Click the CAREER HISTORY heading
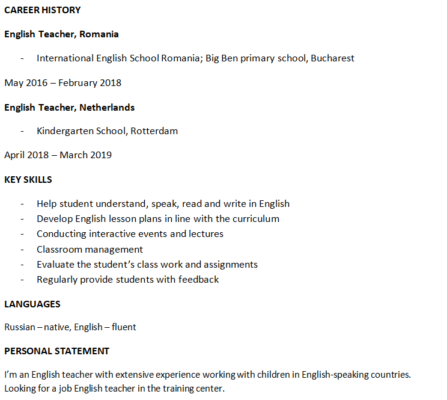[x=42, y=10]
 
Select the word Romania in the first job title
[x=99, y=34]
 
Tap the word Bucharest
[x=332, y=58]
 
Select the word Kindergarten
[x=65, y=131]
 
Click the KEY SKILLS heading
[x=28, y=180]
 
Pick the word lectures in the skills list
[x=205, y=234]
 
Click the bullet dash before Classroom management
[x=22, y=250]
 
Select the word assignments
[x=231, y=265]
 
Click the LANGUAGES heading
[x=32, y=304]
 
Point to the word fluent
[x=124, y=327]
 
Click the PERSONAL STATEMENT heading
[x=57, y=351]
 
